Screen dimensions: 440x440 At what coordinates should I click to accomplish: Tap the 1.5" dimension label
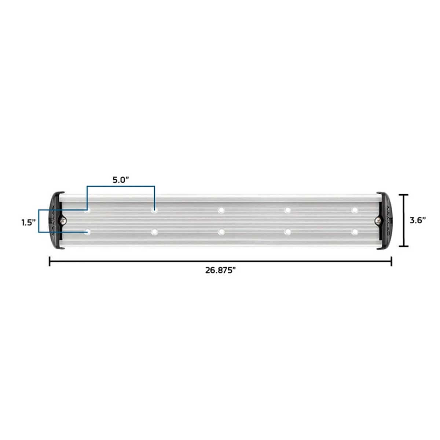pos(28,222)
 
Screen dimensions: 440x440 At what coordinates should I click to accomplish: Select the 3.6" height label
pos(417,220)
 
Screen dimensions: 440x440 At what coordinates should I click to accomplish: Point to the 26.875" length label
pos(220,271)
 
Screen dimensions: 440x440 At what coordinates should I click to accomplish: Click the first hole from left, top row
pos(87,210)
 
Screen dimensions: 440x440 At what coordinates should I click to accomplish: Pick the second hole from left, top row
pos(154,210)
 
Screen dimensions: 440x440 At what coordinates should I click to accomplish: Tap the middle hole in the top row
pos(221,210)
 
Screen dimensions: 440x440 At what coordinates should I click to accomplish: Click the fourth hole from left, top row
pos(288,210)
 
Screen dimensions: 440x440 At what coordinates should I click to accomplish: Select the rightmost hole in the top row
pos(355,210)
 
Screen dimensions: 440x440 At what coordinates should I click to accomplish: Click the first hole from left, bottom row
pos(87,232)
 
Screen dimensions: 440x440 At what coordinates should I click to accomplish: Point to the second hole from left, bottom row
pos(154,232)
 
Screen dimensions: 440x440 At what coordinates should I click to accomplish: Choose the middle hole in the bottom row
pos(221,232)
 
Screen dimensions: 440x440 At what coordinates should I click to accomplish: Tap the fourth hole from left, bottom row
pos(288,232)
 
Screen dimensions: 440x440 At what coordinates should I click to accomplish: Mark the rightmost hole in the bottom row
pos(355,232)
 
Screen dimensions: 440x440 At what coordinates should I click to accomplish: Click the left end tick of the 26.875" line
pos(49,261)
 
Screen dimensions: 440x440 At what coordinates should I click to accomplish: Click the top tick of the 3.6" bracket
pos(404,195)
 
